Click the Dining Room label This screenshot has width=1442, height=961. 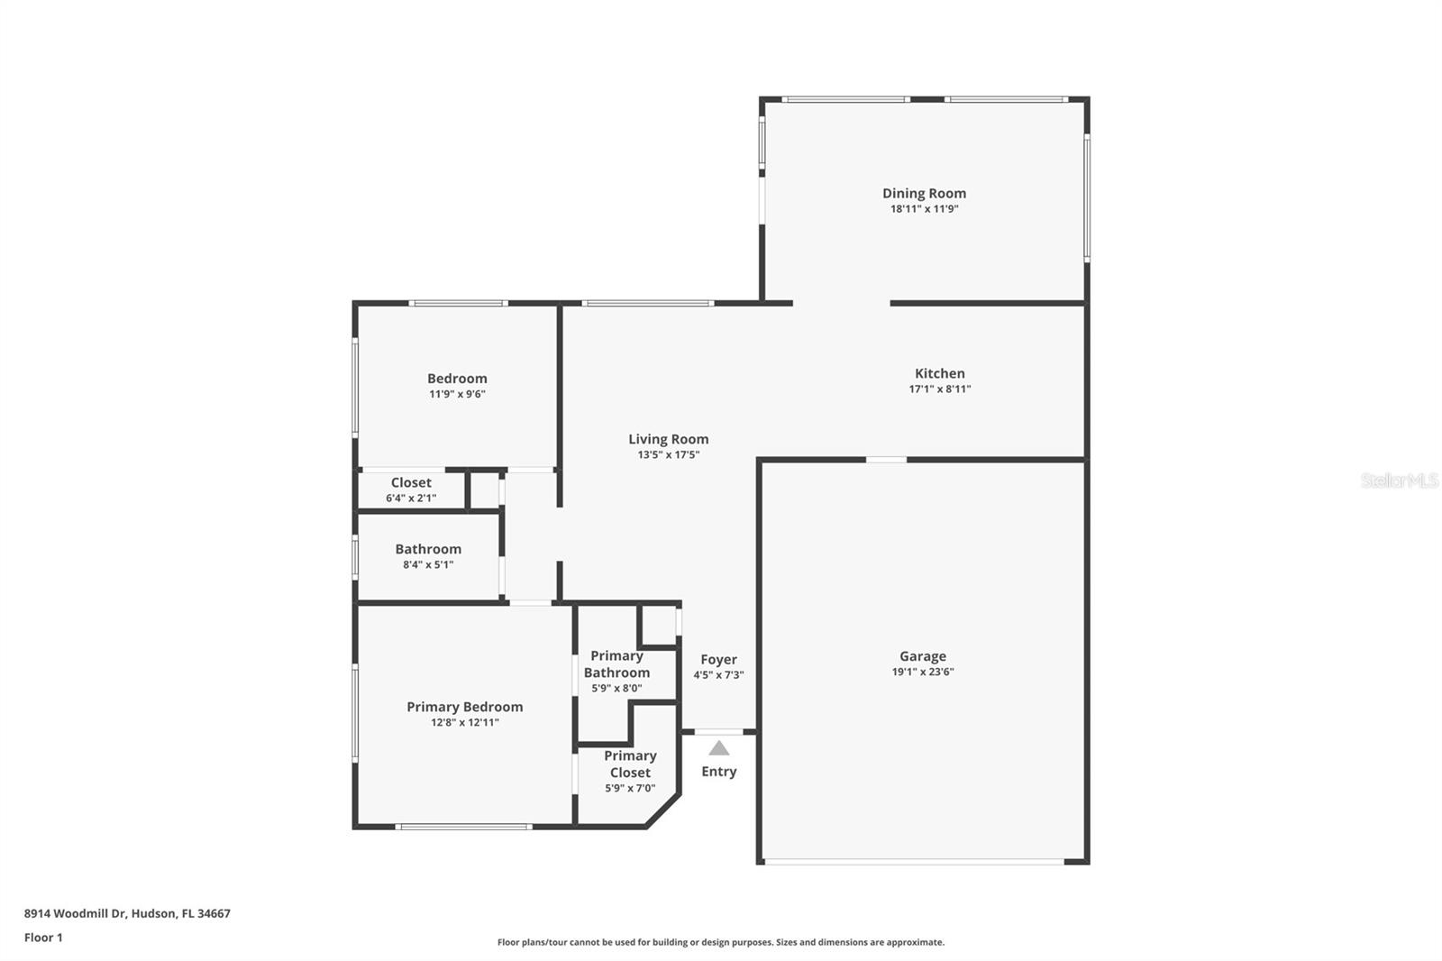[924, 193]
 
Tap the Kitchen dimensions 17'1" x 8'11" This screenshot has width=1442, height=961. [939, 389]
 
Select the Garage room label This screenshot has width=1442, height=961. [922, 656]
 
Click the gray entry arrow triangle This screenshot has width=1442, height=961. [718, 748]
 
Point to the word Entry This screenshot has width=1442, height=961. [718, 772]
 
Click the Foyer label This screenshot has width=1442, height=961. [718, 660]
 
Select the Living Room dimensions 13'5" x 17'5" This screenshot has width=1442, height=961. [668, 455]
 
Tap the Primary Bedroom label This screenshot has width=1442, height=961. [464, 707]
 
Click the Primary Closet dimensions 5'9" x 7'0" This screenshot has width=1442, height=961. [629, 789]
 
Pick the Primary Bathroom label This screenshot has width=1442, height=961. [616, 664]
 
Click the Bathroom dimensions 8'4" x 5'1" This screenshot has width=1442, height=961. [427, 565]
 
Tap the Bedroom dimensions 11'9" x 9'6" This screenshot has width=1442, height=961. [457, 394]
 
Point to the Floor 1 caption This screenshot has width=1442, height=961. [43, 938]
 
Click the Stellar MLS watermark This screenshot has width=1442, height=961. [1399, 480]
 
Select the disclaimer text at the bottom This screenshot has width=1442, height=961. [721, 942]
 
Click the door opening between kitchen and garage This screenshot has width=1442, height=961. [886, 460]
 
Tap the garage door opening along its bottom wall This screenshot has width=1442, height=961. [914, 862]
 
